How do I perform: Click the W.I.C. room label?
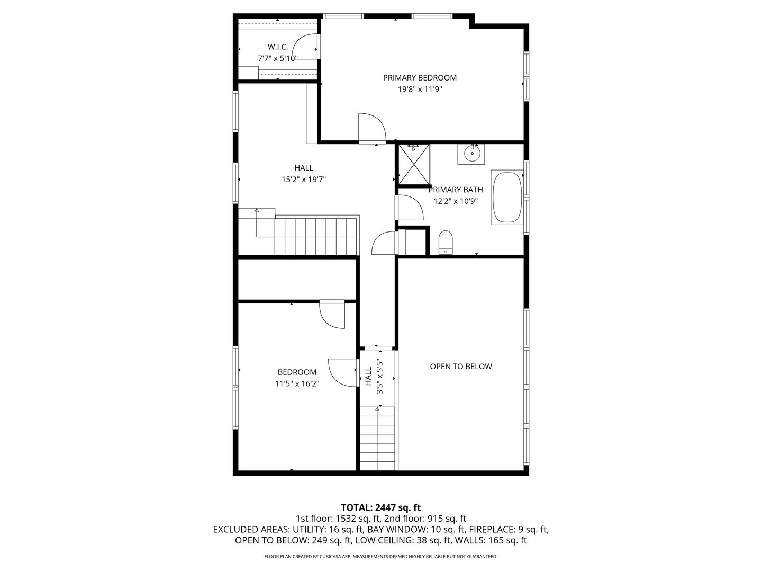tap(278, 47)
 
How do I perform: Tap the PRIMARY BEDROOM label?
tap(420, 78)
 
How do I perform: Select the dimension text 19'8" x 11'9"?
tap(420, 90)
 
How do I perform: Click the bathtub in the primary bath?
tap(507, 198)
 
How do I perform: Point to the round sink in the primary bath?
tap(470, 154)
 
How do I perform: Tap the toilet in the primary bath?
tap(446, 242)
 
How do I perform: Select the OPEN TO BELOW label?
tap(460, 367)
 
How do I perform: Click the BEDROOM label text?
tap(297, 372)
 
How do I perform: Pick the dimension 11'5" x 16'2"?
tap(297, 384)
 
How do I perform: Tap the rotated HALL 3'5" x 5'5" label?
tap(373, 377)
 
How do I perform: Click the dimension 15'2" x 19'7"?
tap(303, 180)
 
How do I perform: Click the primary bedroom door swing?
tap(371, 128)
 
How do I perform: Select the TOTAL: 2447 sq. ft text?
tap(380, 507)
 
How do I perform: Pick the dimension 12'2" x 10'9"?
tap(456, 201)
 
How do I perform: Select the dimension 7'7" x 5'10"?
tap(278, 59)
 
